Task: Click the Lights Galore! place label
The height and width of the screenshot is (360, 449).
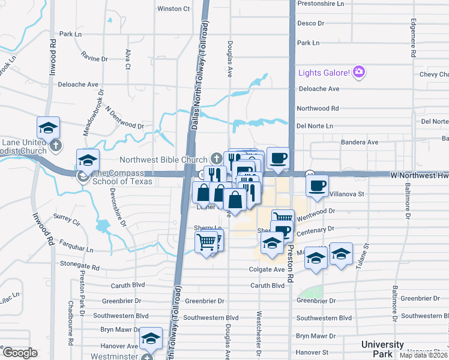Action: click(324, 73)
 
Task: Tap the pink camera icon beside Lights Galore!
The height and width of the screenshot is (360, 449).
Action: click(360, 73)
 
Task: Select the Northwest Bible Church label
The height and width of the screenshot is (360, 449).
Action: click(163, 160)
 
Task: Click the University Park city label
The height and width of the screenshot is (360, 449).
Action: click(382, 349)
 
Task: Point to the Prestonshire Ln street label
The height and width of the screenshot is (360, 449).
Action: click(324, 3)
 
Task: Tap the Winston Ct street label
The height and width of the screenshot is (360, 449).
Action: click(173, 9)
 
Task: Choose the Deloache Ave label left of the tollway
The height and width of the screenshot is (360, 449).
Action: click(77, 85)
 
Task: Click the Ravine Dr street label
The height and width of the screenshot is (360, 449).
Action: click(95, 59)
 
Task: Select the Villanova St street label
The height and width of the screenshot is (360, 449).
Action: click(348, 194)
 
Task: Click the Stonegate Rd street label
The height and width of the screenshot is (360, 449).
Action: click(79, 265)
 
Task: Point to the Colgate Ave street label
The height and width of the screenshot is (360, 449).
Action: click(267, 270)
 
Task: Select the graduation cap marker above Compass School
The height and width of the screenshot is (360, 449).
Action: click(88, 160)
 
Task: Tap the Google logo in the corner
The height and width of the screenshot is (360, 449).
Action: click(20, 352)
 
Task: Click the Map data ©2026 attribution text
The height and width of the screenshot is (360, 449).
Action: click(424, 355)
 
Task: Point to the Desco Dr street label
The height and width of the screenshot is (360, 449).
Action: click(310, 23)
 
